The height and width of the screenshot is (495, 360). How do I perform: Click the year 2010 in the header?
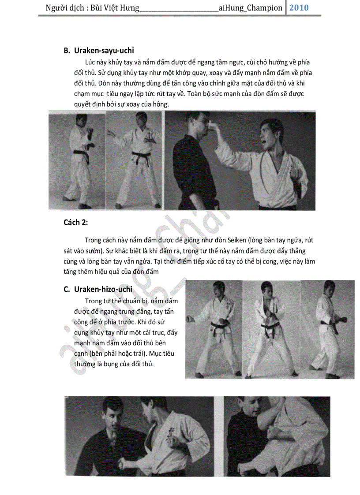[299, 7]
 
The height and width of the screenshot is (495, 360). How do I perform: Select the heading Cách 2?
[76, 222]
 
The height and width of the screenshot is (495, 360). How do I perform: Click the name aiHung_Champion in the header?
[250, 8]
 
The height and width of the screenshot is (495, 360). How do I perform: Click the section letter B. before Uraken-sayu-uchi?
[67, 51]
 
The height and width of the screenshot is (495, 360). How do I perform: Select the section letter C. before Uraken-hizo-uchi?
[67, 289]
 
